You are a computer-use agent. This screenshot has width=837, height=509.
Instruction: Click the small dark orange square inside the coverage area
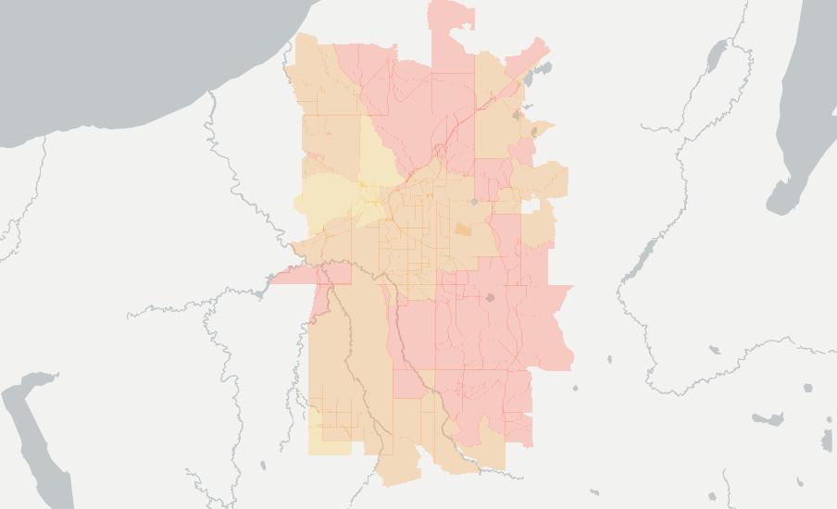462,229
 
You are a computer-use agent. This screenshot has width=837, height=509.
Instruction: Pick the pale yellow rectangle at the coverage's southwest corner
329,444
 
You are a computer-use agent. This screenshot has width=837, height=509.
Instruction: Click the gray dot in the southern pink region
490,297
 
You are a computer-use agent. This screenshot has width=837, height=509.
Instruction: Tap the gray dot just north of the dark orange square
474,201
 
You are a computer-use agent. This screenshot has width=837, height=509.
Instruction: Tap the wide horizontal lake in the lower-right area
768,420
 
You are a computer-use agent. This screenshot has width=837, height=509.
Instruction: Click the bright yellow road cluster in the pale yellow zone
373,198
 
